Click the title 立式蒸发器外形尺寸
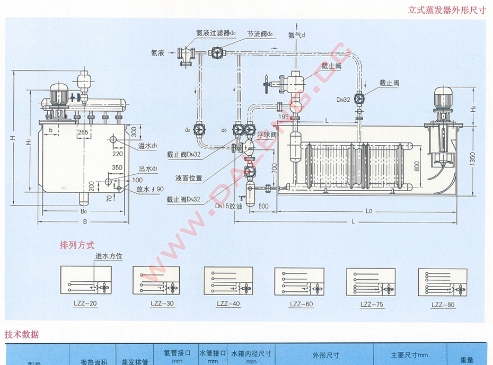pos(447,10)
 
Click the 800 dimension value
pos(418,165)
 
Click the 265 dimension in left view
pos(82,131)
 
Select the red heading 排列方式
pos(77,246)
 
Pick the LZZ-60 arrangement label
pos(302,304)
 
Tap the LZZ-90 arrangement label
pos(443,304)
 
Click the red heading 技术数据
pos(22,335)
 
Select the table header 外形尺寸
pos(325,355)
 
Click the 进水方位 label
pos(109,256)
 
